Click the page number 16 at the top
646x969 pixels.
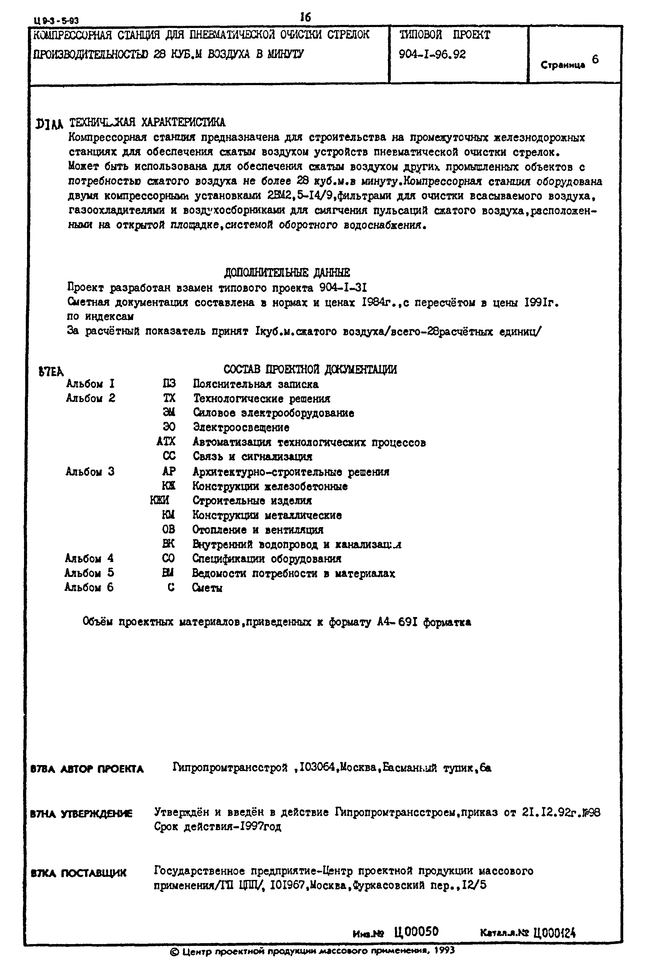[x=305, y=17]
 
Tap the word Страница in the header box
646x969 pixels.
[x=562, y=65]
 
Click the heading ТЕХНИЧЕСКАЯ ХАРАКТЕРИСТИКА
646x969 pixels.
[x=147, y=122]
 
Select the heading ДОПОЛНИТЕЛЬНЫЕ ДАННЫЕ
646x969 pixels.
[x=287, y=273]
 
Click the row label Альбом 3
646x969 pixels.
[x=90, y=471]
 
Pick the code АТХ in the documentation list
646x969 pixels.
[x=166, y=442]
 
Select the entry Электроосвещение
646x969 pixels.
[x=241, y=428]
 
